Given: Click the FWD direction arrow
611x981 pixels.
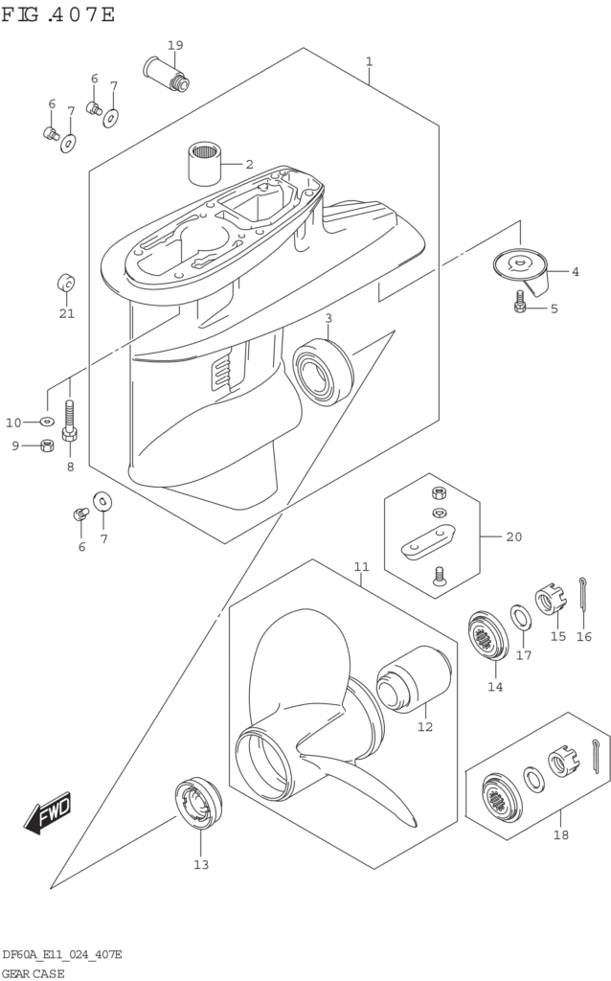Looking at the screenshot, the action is tap(48, 814).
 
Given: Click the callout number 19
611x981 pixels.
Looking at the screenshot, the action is tap(175, 45).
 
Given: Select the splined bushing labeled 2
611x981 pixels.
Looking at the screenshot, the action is tap(205, 163).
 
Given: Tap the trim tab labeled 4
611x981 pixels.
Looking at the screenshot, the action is tap(522, 269).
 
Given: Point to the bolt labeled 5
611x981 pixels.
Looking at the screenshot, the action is tap(520, 301).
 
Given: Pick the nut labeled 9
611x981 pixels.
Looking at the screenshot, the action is tap(46, 445).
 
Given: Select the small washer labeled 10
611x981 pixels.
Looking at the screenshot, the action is tap(47, 422).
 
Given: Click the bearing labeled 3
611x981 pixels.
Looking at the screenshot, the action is tap(323, 373).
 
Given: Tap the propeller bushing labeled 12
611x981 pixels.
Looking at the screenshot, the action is tap(414, 679).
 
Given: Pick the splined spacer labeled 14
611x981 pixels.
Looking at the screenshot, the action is tap(488, 635).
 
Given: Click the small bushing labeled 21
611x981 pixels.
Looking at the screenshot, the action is tap(65, 283).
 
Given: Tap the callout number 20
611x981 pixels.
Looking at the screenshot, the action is tap(513, 536).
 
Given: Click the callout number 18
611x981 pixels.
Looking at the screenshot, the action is tap(561, 834).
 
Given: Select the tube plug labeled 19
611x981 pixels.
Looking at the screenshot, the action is tap(167, 73).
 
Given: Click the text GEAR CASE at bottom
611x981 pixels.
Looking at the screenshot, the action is tap(34, 973).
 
